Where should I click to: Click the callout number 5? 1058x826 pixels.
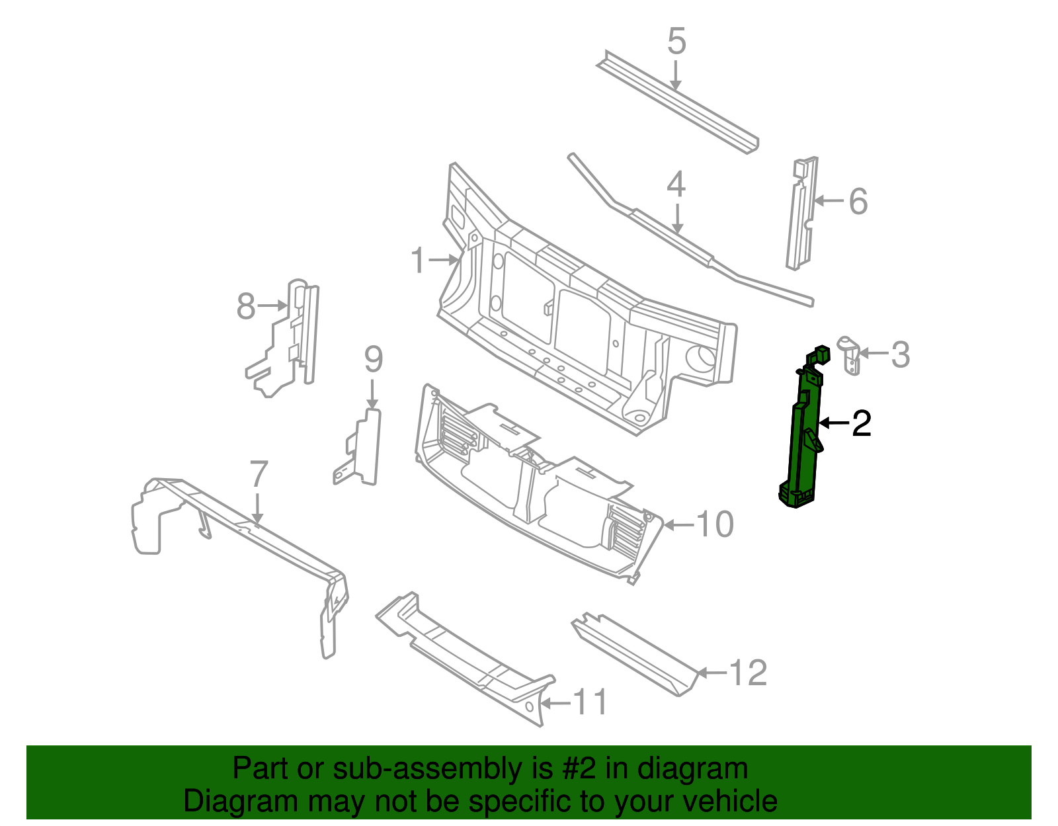tap(676, 42)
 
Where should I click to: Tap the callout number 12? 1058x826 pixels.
tap(748, 673)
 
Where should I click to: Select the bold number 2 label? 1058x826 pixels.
tap(861, 423)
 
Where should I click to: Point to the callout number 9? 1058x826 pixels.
tap(374, 360)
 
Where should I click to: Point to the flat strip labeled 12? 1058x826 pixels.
tap(635, 651)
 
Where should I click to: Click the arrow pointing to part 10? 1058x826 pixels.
tap(678, 525)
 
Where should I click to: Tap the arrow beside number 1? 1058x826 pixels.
tap(443, 261)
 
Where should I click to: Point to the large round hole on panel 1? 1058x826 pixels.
tap(702, 358)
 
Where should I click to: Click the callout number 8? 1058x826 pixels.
tap(246, 307)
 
